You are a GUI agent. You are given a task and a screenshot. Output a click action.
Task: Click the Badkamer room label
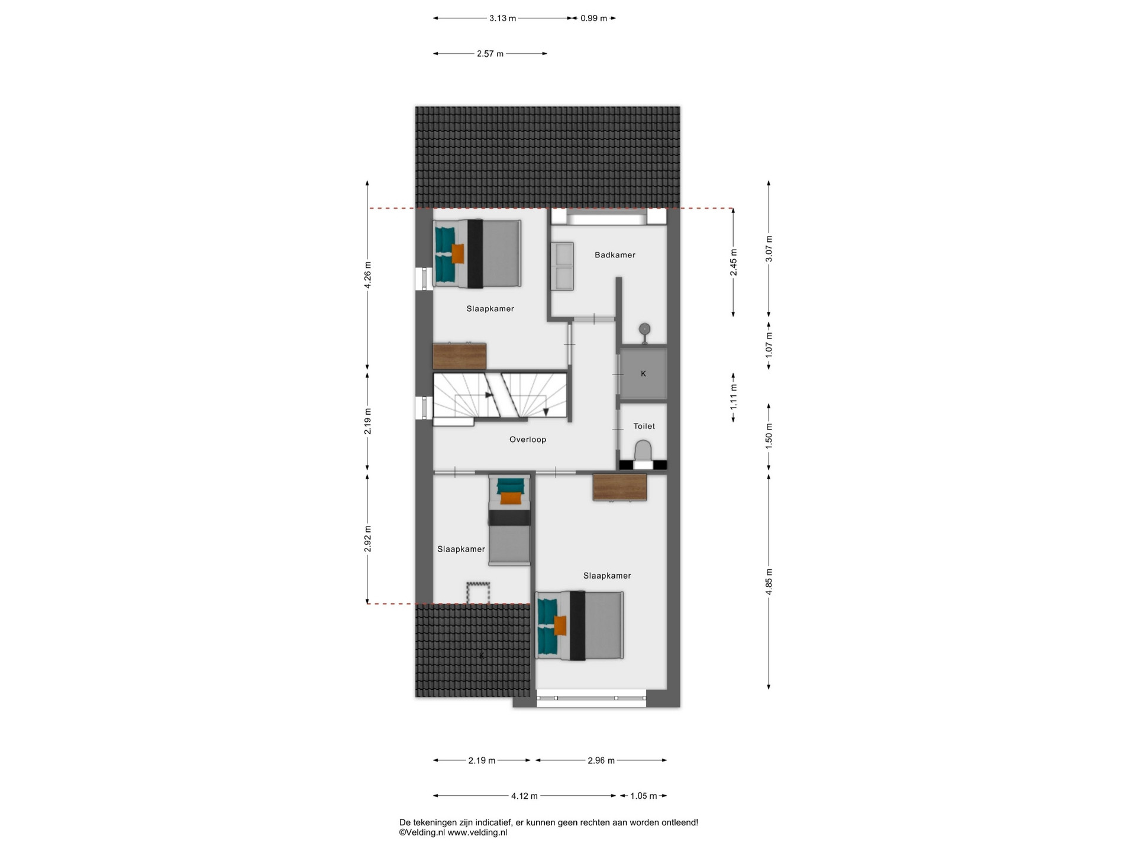[615, 255]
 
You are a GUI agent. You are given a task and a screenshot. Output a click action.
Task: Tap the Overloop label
[528, 440]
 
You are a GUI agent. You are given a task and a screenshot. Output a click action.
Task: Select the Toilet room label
[644, 426]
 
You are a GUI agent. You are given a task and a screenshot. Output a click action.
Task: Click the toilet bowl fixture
[643, 451]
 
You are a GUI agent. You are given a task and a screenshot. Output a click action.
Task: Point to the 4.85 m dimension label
[769, 581]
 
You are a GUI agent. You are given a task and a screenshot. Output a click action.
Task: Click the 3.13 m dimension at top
[502, 18]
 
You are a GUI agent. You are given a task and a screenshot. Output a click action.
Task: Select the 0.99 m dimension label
[593, 18]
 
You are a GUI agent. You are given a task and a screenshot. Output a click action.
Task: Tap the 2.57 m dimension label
[490, 54]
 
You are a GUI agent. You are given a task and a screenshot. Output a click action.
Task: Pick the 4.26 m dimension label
[367, 275]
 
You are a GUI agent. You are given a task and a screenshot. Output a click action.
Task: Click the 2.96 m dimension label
[601, 761]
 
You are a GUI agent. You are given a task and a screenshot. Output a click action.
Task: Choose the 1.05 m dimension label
[643, 796]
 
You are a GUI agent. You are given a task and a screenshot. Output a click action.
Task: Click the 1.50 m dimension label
[769, 437]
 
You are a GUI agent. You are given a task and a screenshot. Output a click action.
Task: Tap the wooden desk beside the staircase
[460, 356]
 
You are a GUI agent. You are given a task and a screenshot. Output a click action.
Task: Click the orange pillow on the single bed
[509, 498]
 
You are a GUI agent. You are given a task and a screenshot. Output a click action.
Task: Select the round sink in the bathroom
[644, 330]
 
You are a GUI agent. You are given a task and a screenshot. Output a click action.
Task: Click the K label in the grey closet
[644, 374]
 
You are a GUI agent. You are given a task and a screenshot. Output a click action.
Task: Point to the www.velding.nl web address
[477, 832]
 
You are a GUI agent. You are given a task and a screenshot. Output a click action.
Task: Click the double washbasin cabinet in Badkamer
[563, 266]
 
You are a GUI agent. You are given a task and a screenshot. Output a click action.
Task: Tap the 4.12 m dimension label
[524, 796]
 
